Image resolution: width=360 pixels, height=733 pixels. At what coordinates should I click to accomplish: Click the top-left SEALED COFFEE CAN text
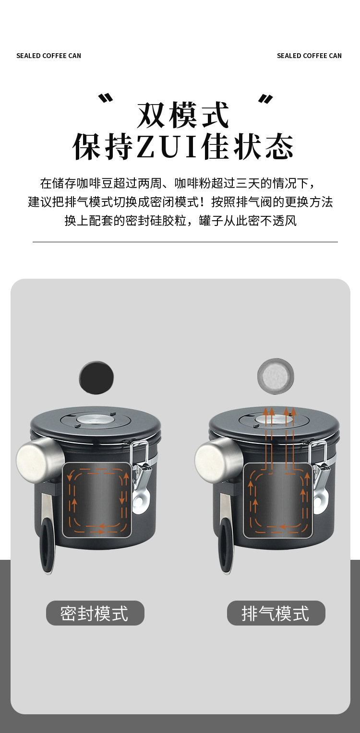tap(48, 56)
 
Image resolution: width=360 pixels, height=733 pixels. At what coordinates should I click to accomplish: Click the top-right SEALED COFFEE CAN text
tap(309, 56)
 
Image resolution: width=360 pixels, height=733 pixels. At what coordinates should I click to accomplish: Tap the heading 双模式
tap(183, 115)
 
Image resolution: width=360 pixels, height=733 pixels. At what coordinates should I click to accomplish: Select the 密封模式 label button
tap(95, 613)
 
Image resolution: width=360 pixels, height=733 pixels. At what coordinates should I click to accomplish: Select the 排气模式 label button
tap(276, 613)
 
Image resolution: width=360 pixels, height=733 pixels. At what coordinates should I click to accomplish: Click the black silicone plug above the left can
tap(96, 378)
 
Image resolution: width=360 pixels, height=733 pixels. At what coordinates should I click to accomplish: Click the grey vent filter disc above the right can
tap(276, 377)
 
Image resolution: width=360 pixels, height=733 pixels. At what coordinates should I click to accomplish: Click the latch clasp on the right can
tap(319, 475)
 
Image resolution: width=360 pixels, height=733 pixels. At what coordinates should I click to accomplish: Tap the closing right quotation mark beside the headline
tap(265, 99)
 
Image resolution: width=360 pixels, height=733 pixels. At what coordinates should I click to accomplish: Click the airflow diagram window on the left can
tap(97, 500)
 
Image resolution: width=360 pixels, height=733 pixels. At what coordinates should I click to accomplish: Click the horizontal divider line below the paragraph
tap(185, 242)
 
